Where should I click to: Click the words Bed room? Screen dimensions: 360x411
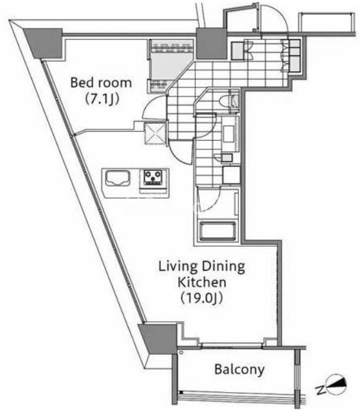pyautogui.click(x=101, y=83)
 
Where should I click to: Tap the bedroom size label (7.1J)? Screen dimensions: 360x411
pyautogui.click(x=102, y=99)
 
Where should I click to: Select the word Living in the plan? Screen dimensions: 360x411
pyautogui.click(x=178, y=267)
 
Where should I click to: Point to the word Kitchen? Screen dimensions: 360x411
pyautogui.click(x=202, y=282)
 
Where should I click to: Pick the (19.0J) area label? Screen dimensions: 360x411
pyautogui.click(x=202, y=298)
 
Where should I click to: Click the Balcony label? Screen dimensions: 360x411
pyautogui.click(x=239, y=370)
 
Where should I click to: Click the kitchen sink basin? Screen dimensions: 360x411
pyautogui.click(x=118, y=178)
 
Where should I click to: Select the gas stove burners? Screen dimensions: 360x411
pyautogui.click(x=153, y=177)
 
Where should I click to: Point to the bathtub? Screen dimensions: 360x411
pyautogui.click(x=218, y=231)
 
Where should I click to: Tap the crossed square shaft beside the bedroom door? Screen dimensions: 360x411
pyautogui.click(x=155, y=133)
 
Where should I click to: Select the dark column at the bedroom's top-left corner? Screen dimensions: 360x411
pyautogui.click(x=43, y=44)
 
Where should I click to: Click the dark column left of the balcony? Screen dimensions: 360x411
pyautogui.click(x=158, y=339)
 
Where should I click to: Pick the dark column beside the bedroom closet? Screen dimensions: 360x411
pyautogui.click(x=211, y=44)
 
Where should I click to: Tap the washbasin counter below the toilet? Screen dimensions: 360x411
pyautogui.click(x=230, y=134)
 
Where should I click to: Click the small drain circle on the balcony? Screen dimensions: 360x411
pyautogui.click(x=182, y=353)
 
